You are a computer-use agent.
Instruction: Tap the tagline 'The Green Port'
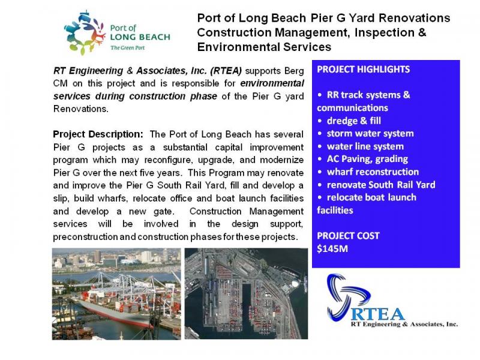(x=128, y=48)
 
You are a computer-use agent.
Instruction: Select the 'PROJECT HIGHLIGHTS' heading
(x=364, y=70)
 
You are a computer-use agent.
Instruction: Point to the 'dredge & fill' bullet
(x=354, y=121)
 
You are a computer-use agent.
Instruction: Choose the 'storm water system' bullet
(x=370, y=133)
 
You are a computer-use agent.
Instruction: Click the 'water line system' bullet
(x=365, y=146)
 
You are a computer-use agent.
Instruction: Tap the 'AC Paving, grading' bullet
(x=367, y=159)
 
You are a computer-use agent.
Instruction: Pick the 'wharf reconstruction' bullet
(x=373, y=172)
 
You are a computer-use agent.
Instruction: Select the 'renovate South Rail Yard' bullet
(x=381, y=185)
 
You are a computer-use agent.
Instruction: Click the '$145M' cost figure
(x=332, y=248)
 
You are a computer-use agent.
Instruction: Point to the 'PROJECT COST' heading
(x=349, y=236)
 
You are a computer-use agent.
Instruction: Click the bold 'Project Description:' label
(x=98, y=134)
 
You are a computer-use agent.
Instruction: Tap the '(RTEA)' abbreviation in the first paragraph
(x=226, y=71)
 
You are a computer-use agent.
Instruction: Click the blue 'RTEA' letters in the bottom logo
(x=377, y=314)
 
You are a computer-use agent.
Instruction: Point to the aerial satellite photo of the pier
(x=246, y=293)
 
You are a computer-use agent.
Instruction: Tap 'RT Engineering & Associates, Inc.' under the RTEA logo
(x=404, y=324)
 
